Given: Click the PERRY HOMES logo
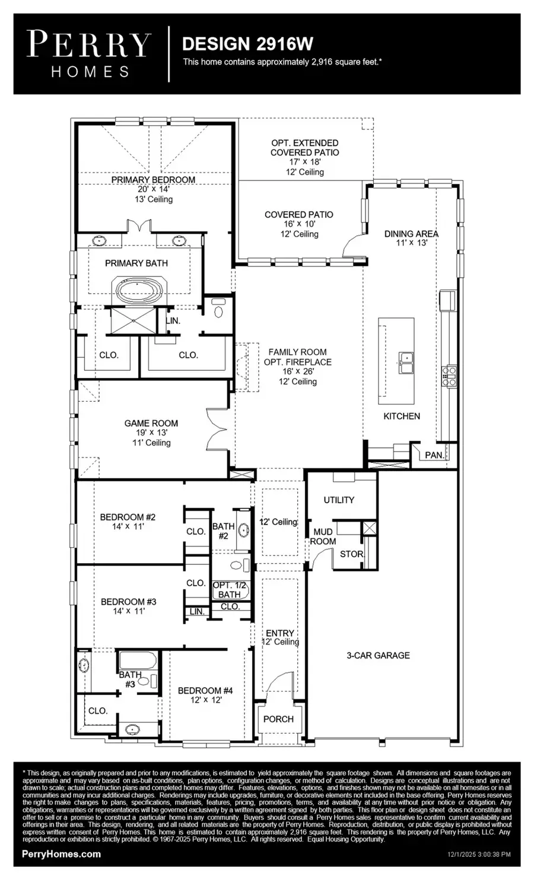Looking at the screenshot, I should pyautogui.click(x=89, y=55).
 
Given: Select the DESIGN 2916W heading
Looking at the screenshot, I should pyautogui.click(x=247, y=44).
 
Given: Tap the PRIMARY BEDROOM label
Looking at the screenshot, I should pyautogui.click(x=153, y=180).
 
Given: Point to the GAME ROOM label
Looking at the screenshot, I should pyautogui.click(x=151, y=423).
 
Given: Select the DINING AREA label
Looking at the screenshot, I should pyautogui.click(x=411, y=234).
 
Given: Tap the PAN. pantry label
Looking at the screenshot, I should pyautogui.click(x=434, y=455).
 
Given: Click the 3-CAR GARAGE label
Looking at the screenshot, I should pyautogui.click(x=378, y=655).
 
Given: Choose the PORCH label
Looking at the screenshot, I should pyautogui.click(x=278, y=719).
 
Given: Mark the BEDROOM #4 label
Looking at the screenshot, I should pyautogui.click(x=205, y=690).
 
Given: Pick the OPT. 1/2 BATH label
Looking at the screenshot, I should pyautogui.click(x=229, y=590).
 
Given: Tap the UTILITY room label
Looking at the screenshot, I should pyautogui.click(x=339, y=500).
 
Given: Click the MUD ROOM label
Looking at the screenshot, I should pyautogui.click(x=323, y=536).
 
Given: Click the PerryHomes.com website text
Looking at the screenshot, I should pyautogui.click(x=61, y=854).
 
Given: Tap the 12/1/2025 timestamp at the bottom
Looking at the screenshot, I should pyautogui.click(x=478, y=854).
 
